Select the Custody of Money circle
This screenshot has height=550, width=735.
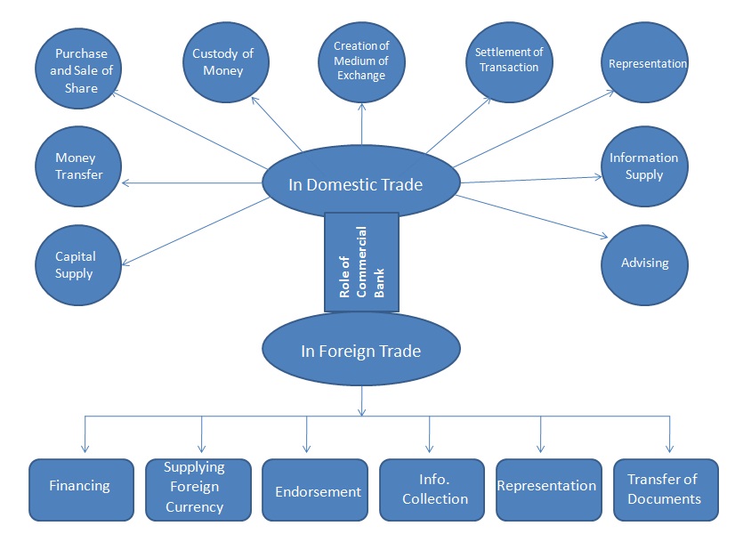[223, 62]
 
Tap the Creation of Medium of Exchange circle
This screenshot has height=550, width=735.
[360, 61]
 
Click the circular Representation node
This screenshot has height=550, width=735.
[647, 64]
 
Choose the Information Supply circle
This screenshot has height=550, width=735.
[643, 166]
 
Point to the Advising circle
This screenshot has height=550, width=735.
[643, 263]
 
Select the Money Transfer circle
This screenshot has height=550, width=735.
[78, 166]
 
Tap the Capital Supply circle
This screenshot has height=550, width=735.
[76, 265]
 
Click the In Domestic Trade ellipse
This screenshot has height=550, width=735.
[360, 184]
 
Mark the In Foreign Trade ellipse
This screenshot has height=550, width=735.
[360, 351]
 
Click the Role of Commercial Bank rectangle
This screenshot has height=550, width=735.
[361, 263]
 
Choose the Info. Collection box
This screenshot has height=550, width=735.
[432, 489]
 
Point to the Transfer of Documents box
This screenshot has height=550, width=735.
[665, 489]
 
